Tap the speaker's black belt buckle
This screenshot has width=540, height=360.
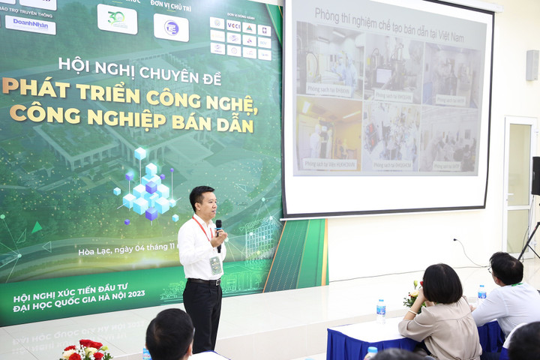click(x=204, y=281)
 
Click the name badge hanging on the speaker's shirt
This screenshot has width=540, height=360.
click(x=215, y=265)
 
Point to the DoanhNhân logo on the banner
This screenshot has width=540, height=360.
click(x=30, y=24)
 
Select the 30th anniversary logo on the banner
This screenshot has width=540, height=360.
click(x=117, y=18)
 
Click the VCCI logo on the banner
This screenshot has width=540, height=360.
click(x=233, y=25)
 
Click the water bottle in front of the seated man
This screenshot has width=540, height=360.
click(x=481, y=292)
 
